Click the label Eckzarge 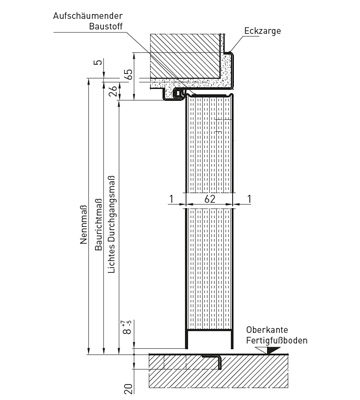(263, 31)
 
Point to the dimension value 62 (210, 199)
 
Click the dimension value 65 (128, 75)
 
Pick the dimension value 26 (113, 91)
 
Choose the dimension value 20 (129, 388)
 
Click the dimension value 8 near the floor (126, 331)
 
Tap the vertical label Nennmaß (84, 225)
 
